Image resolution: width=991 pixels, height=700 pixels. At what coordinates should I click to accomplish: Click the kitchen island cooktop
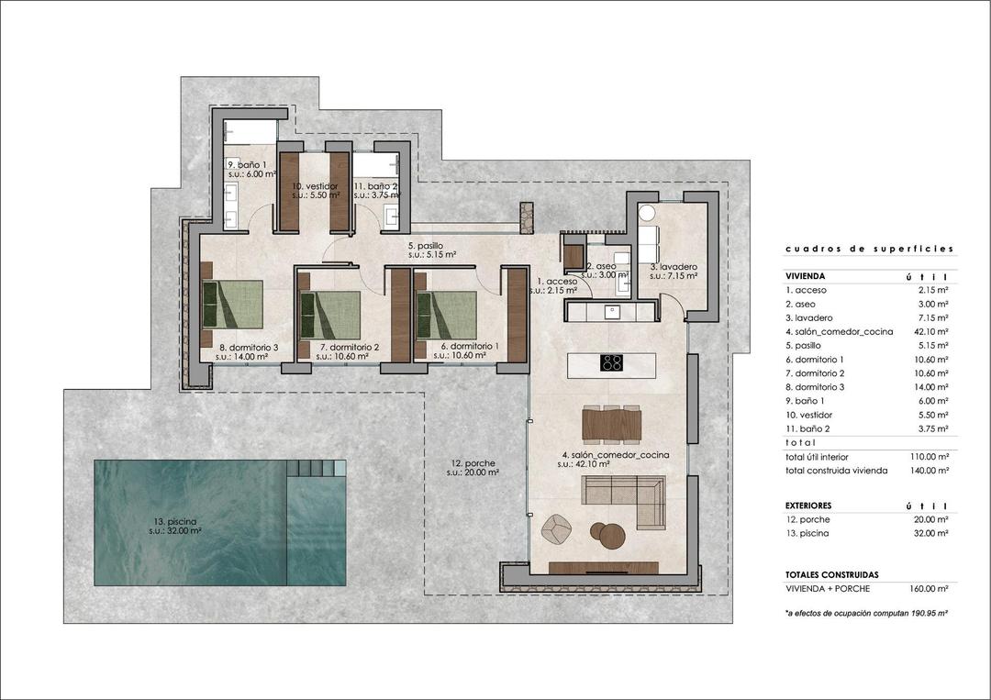612,362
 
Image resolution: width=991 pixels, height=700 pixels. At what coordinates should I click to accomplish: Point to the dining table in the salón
611,425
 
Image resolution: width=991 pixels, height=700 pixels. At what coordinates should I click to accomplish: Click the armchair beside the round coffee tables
557,528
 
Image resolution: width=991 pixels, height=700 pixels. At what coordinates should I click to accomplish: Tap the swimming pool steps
316,468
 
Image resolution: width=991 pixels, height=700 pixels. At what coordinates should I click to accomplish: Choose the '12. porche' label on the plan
473,468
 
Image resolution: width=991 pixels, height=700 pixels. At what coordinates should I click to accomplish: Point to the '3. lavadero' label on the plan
674,271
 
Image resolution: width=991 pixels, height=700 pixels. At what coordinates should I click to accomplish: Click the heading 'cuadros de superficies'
869,249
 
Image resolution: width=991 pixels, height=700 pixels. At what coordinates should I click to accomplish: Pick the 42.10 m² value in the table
930,331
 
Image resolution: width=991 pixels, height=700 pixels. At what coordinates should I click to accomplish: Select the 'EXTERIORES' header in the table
808,506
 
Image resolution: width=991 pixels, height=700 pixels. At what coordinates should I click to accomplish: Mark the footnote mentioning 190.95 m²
865,611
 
